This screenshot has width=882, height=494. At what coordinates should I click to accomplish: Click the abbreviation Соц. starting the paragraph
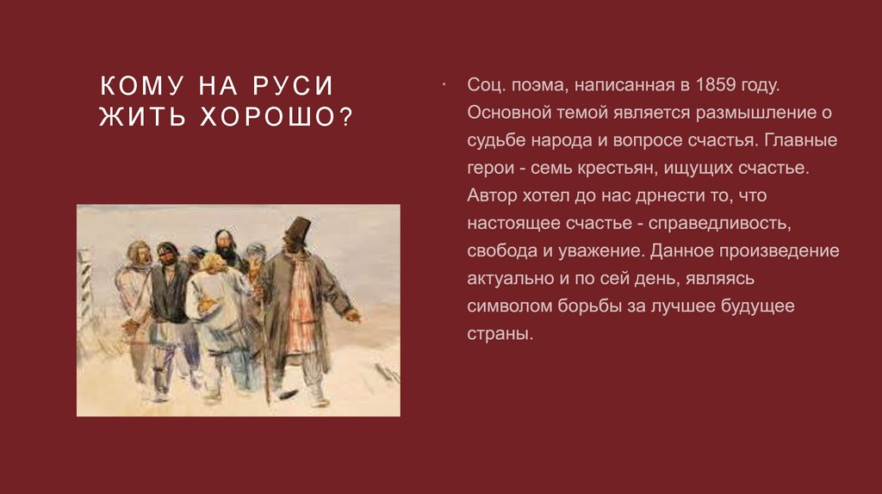tap(487, 85)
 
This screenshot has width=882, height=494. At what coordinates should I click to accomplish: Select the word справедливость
tap(720, 223)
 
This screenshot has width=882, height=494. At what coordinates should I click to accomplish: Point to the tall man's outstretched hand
tap(352, 316)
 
